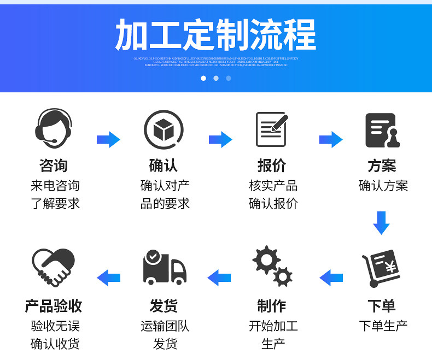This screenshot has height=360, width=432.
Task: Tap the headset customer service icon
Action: tap(54, 128)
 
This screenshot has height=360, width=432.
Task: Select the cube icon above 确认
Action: tap(163, 129)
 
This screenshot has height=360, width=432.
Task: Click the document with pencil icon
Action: tap(272, 129)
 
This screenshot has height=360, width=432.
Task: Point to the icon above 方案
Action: tap(382, 130)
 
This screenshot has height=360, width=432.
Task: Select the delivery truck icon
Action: tap(164, 267)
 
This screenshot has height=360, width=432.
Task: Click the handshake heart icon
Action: tap(53, 267)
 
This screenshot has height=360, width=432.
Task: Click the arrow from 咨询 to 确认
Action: tap(108, 139)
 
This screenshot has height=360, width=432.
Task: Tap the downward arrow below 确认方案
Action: tap(381, 222)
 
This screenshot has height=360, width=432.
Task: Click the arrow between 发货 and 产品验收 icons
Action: tap(108, 278)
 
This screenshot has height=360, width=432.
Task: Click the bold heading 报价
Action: tap(272, 166)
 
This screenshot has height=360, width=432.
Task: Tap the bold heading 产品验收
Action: tap(54, 305)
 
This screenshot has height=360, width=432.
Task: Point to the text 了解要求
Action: tap(55, 204)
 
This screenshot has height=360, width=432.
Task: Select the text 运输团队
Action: tap(165, 326)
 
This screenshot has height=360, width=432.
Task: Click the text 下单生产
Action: tap(383, 326)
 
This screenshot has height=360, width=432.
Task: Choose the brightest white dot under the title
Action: tap(203, 78)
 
